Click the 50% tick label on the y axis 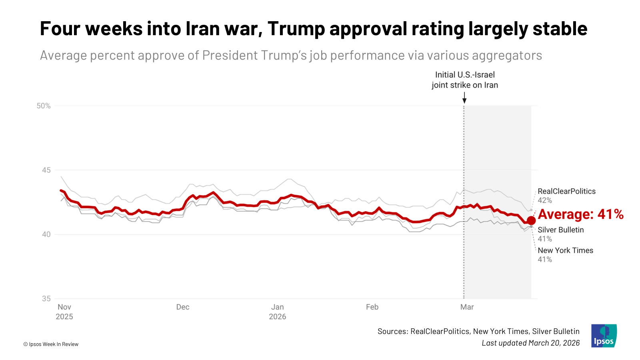[44, 106]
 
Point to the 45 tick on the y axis [46, 170]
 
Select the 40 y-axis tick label [46, 234]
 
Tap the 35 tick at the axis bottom [46, 299]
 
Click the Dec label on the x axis [183, 307]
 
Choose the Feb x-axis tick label [372, 307]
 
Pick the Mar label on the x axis [467, 307]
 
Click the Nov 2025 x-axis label [64, 312]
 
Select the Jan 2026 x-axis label [278, 312]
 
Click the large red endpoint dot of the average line [531, 220]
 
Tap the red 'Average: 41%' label [580, 214]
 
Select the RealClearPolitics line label [566, 192]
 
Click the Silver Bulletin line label [560, 230]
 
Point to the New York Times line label [565, 250]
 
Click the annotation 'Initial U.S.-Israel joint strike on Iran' [465, 80]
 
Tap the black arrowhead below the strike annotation [464, 101]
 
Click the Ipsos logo [604, 336]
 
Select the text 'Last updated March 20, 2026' [530, 343]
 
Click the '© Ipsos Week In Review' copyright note [51, 344]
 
